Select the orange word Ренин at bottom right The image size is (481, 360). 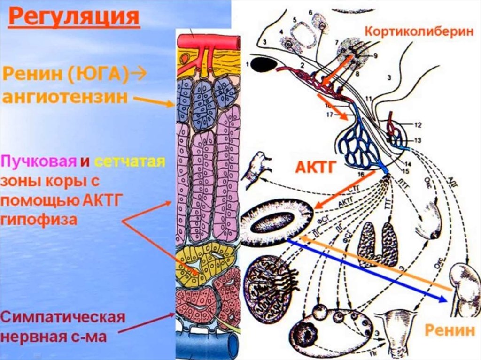pyautogui.click(x=450, y=330)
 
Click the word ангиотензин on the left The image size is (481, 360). pyautogui.click(x=65, y=98)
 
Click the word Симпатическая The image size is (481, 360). pyautogui.click(x=63, y=317)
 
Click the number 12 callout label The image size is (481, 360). pyautogui.click(x=418, y=125)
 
